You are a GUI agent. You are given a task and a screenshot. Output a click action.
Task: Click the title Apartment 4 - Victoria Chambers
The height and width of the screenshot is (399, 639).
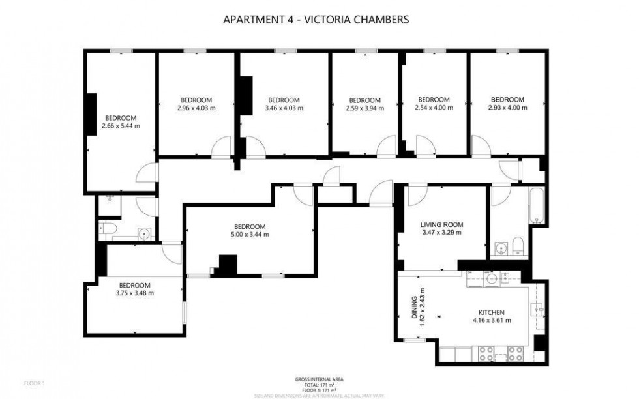click(316, 20)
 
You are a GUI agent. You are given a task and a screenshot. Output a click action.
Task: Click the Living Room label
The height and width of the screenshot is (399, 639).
click(442, 224)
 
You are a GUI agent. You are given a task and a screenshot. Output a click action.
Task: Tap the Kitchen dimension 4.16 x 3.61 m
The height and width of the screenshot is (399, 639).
click(491, 320)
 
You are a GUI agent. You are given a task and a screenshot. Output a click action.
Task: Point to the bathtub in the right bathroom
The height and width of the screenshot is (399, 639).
click(536, 206)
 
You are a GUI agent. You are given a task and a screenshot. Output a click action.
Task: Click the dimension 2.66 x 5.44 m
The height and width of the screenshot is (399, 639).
click(121, 126)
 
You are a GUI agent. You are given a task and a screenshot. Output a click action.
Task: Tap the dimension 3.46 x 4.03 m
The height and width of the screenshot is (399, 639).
click(284, 108)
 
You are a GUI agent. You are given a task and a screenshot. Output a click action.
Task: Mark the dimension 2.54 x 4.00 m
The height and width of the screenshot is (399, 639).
click(434, 108)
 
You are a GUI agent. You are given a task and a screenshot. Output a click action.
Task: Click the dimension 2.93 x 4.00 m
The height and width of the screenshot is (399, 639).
click(507, 108)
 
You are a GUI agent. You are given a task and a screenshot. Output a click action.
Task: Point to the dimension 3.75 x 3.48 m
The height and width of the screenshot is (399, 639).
click(134, 293)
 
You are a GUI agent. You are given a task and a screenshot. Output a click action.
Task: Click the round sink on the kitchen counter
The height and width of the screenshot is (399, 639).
click(491, 279)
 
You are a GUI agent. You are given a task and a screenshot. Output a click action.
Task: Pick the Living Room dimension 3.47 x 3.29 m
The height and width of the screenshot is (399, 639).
click(442, 232)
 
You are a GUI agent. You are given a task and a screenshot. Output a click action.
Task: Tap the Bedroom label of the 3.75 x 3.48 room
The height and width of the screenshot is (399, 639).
click(134, 285)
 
